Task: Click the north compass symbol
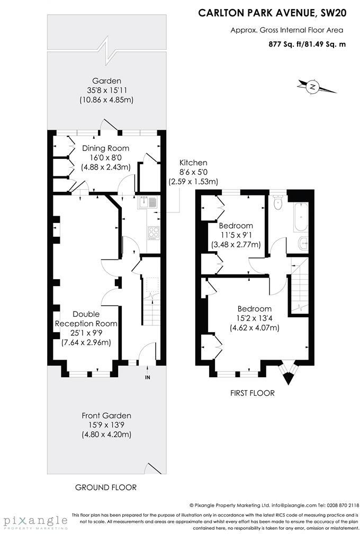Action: point(313,86)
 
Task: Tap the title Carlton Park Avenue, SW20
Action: point(272,14)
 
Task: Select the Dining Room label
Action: point(105,148)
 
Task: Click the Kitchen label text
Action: point(193,163)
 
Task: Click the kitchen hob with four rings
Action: point(153,232)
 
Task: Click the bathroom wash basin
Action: point(302,244)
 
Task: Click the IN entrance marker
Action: point(147,377)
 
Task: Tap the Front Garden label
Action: point(106,416)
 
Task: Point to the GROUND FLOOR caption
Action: point(106,487)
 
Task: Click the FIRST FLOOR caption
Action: point(253,393)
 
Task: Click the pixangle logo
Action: point(34,521)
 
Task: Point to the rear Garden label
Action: point(106,81)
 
